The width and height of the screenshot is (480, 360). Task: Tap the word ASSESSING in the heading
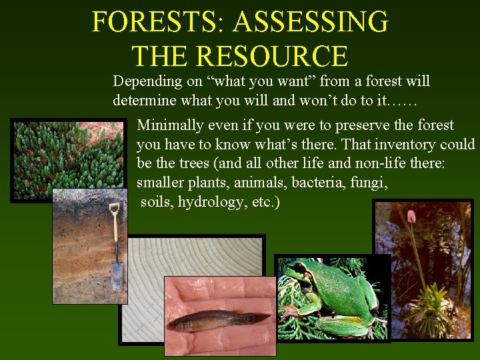(310, 21)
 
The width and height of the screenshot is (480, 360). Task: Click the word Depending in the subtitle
(147, 81)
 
